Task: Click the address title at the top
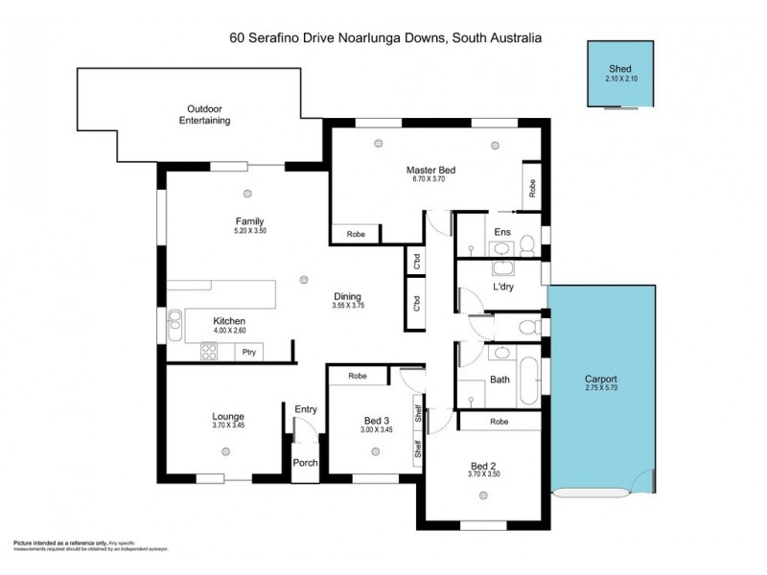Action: [x=385, y=38]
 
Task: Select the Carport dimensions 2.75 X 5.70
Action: [x=600, y=388]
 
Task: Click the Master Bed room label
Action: [x=431, y=171]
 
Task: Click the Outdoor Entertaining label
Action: [x=208, y=114]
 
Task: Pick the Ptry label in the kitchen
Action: [x=248, y=353]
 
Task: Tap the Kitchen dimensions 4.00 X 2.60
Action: [x=229, y=332]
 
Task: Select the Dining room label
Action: [x=347, y=296]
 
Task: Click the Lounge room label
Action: [x=228, y=416]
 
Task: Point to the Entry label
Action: [x=306, y=409]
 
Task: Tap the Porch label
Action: [x=306, y=462]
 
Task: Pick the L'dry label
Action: [x=504, y=287]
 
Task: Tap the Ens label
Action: [x=501, y=232]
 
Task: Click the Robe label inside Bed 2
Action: [x=499, y=421]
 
